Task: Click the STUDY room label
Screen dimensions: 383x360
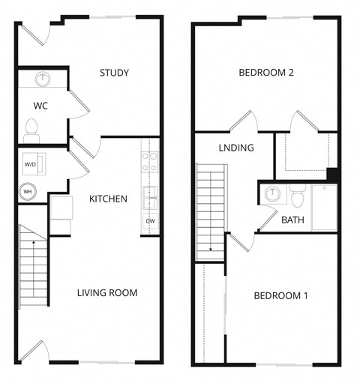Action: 115,73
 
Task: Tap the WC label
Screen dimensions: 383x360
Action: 40,106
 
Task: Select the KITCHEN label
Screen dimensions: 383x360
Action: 108,199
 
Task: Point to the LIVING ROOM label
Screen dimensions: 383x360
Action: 107,292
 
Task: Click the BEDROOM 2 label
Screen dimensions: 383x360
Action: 265,73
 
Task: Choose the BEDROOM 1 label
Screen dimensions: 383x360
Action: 280,295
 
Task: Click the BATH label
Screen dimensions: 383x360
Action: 292,220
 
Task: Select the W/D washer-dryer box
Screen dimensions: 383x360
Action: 31,163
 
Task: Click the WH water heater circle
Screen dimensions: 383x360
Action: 28,190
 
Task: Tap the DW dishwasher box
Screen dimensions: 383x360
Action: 149,220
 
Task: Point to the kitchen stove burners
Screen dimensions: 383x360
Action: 149,162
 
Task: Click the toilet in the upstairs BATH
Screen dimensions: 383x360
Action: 297,196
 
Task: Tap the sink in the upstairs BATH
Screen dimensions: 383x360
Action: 272,194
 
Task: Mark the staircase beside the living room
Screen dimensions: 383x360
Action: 32,267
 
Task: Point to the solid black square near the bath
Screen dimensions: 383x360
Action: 334,174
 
